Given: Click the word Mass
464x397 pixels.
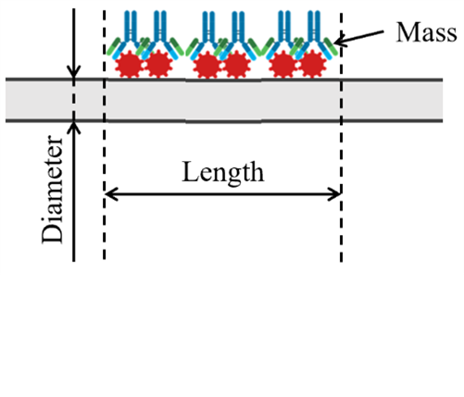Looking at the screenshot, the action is click(x=426, y=32).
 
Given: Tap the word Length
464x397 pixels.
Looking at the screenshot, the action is click(x=223, y=173).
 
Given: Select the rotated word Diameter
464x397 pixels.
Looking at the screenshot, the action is click(x=52, y=190).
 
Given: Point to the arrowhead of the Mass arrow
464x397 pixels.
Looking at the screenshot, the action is click(x=340, y=42).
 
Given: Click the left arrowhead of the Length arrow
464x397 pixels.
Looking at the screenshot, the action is click(x=110, y=194).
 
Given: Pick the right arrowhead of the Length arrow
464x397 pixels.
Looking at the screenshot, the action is click(x=334, y=194).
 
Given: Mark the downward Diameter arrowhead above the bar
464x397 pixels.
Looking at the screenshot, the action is click(x=73, y=72).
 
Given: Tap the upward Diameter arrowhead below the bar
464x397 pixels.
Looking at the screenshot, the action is click(x=73, y=128).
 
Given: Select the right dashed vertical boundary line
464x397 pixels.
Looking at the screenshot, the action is click(x=341, y=137).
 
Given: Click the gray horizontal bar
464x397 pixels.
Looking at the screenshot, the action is click(x=224, y=100).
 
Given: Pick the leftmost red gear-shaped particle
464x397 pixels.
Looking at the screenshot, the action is click(x=130, y=65).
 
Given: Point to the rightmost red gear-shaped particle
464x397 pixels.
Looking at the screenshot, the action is click(x=312, y=65).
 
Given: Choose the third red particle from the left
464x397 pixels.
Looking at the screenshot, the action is click(x=207, y=65).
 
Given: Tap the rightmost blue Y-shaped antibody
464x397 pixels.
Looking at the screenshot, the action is click(x=314, y=34).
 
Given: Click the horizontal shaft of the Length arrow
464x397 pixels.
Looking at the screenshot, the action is click(x=223, y=194).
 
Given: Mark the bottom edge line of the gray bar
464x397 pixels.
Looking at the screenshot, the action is click(x=224, y=120).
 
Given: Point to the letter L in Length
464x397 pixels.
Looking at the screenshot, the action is click(x=190, y=172).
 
